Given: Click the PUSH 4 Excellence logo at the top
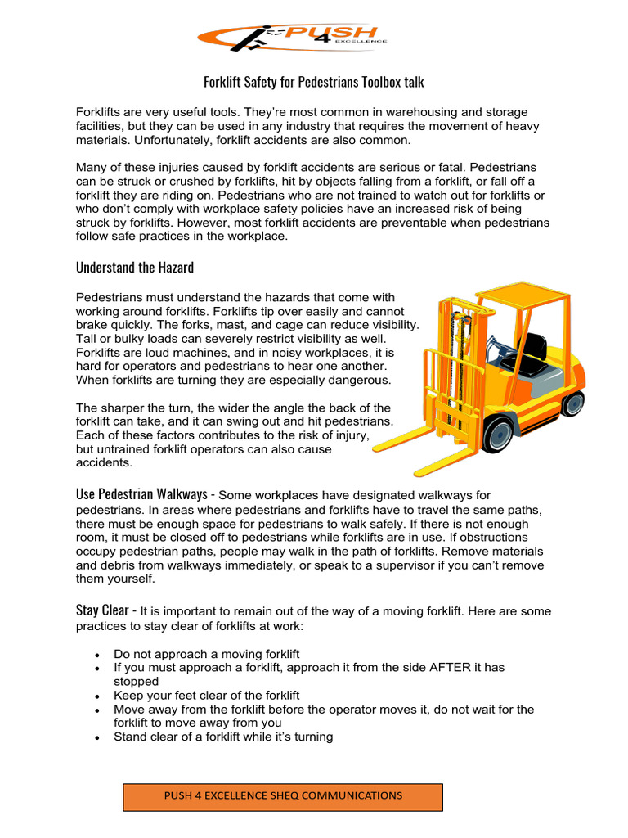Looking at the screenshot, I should [x=292, y=38].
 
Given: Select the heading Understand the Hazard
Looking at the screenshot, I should [x=135, y=267].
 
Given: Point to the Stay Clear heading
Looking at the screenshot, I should [x=101, y=610].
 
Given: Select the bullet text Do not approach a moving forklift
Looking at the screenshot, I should [x=207, y=653].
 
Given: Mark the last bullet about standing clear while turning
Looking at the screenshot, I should [x=223, y=737].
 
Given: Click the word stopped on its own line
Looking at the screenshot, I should [x=136, y=681].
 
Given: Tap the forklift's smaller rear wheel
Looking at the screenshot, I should [x=573, y=402].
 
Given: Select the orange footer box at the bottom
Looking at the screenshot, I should [x=283, y=796].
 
